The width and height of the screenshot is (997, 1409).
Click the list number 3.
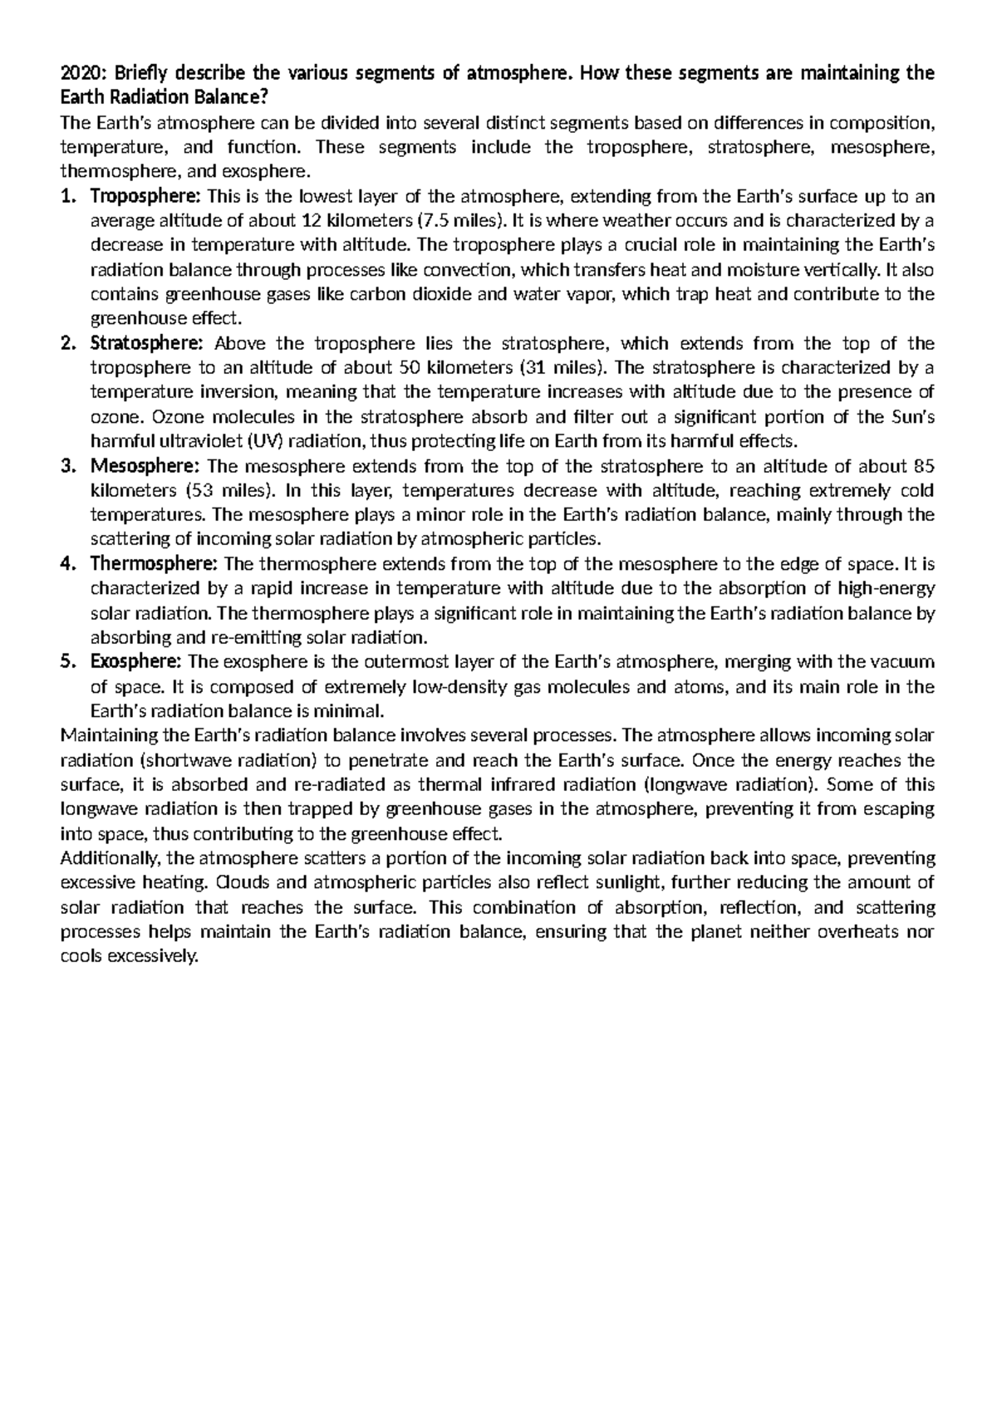point(68,465)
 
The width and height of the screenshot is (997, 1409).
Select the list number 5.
point(68,661)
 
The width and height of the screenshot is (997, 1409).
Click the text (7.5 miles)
point(459,221)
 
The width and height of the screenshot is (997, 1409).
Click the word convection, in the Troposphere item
point(469,270)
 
